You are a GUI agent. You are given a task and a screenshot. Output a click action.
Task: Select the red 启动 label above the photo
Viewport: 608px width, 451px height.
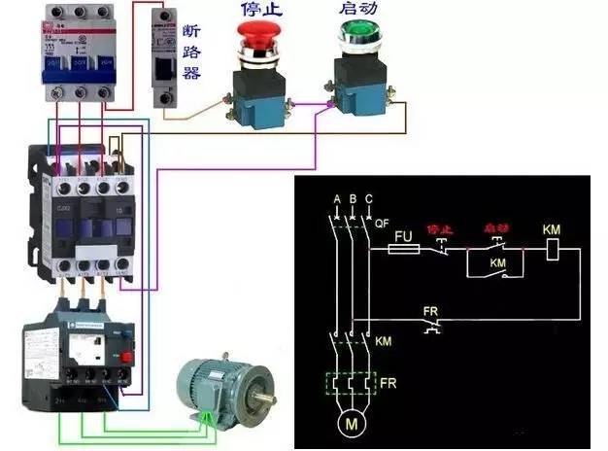[x=355, y=11]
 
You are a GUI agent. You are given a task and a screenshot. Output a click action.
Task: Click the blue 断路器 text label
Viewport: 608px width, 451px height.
[x=191, y=51]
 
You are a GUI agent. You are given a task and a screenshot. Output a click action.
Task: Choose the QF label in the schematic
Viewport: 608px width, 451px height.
[x=382, y=222]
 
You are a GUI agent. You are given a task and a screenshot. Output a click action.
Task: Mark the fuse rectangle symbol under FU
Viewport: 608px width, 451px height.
[x=403, y=250]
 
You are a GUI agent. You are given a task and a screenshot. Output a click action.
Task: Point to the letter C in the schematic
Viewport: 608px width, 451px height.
[x=369, y=200]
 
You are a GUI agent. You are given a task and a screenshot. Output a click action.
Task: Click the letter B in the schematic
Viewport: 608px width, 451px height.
[x=353, y=200]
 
